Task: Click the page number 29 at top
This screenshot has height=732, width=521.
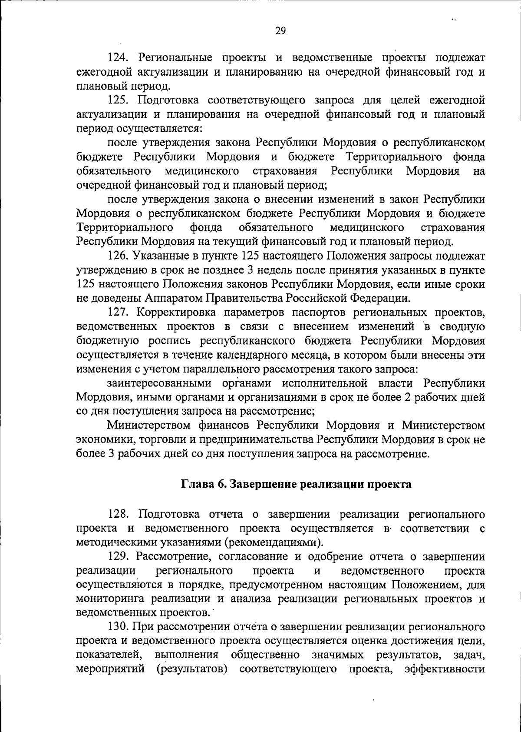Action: tap(280, 30)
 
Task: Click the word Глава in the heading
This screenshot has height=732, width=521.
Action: tap(195, 485)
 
